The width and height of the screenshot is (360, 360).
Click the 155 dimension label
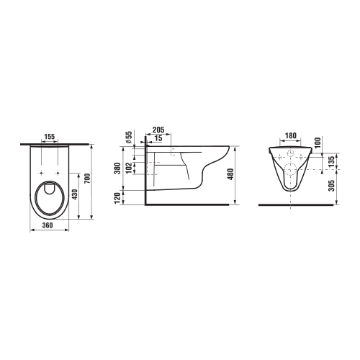50,137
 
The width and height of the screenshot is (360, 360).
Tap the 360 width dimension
48,225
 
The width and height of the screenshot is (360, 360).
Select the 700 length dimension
87,179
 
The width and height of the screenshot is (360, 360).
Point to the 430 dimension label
75,194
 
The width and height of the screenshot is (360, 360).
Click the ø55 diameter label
129,138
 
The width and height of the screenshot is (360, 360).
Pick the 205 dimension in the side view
158,130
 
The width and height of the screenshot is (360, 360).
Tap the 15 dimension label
158,138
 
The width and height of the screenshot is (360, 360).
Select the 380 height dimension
117,168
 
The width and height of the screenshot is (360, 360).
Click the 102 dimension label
129,168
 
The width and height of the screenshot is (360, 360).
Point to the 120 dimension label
117,198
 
